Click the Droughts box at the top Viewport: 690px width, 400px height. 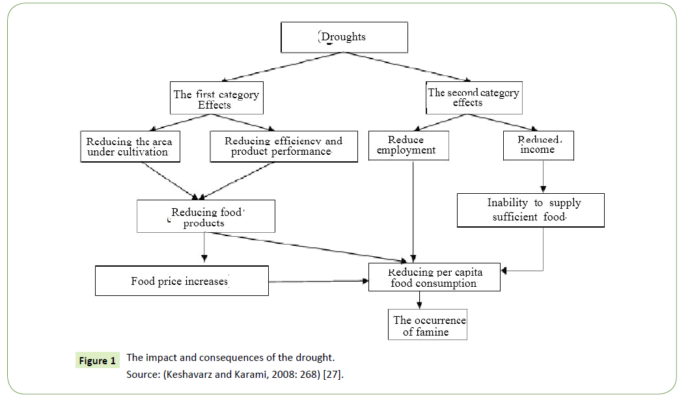(344, 37)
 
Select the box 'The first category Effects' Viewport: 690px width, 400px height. (215, 99)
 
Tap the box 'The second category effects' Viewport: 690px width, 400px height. (473, 98)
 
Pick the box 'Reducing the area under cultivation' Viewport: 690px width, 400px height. (130, 146)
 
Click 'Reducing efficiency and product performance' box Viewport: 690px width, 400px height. (284, 146)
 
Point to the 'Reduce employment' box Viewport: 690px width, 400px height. (407, 145)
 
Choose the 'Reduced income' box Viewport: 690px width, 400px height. (538, 145)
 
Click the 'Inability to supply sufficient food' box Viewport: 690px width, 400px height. (531, 210)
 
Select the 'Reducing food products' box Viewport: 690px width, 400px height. (206, 217)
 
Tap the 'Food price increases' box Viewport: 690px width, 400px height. (182, 281)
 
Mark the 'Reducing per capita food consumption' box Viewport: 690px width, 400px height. (434, 278)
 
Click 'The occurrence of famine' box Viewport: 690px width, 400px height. (427, 325)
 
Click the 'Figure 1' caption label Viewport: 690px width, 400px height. (98, 360)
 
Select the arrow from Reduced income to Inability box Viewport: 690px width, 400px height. (544, 176)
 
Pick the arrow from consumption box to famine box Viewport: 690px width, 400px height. (420, 300)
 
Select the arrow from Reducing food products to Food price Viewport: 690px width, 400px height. (204, 248)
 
